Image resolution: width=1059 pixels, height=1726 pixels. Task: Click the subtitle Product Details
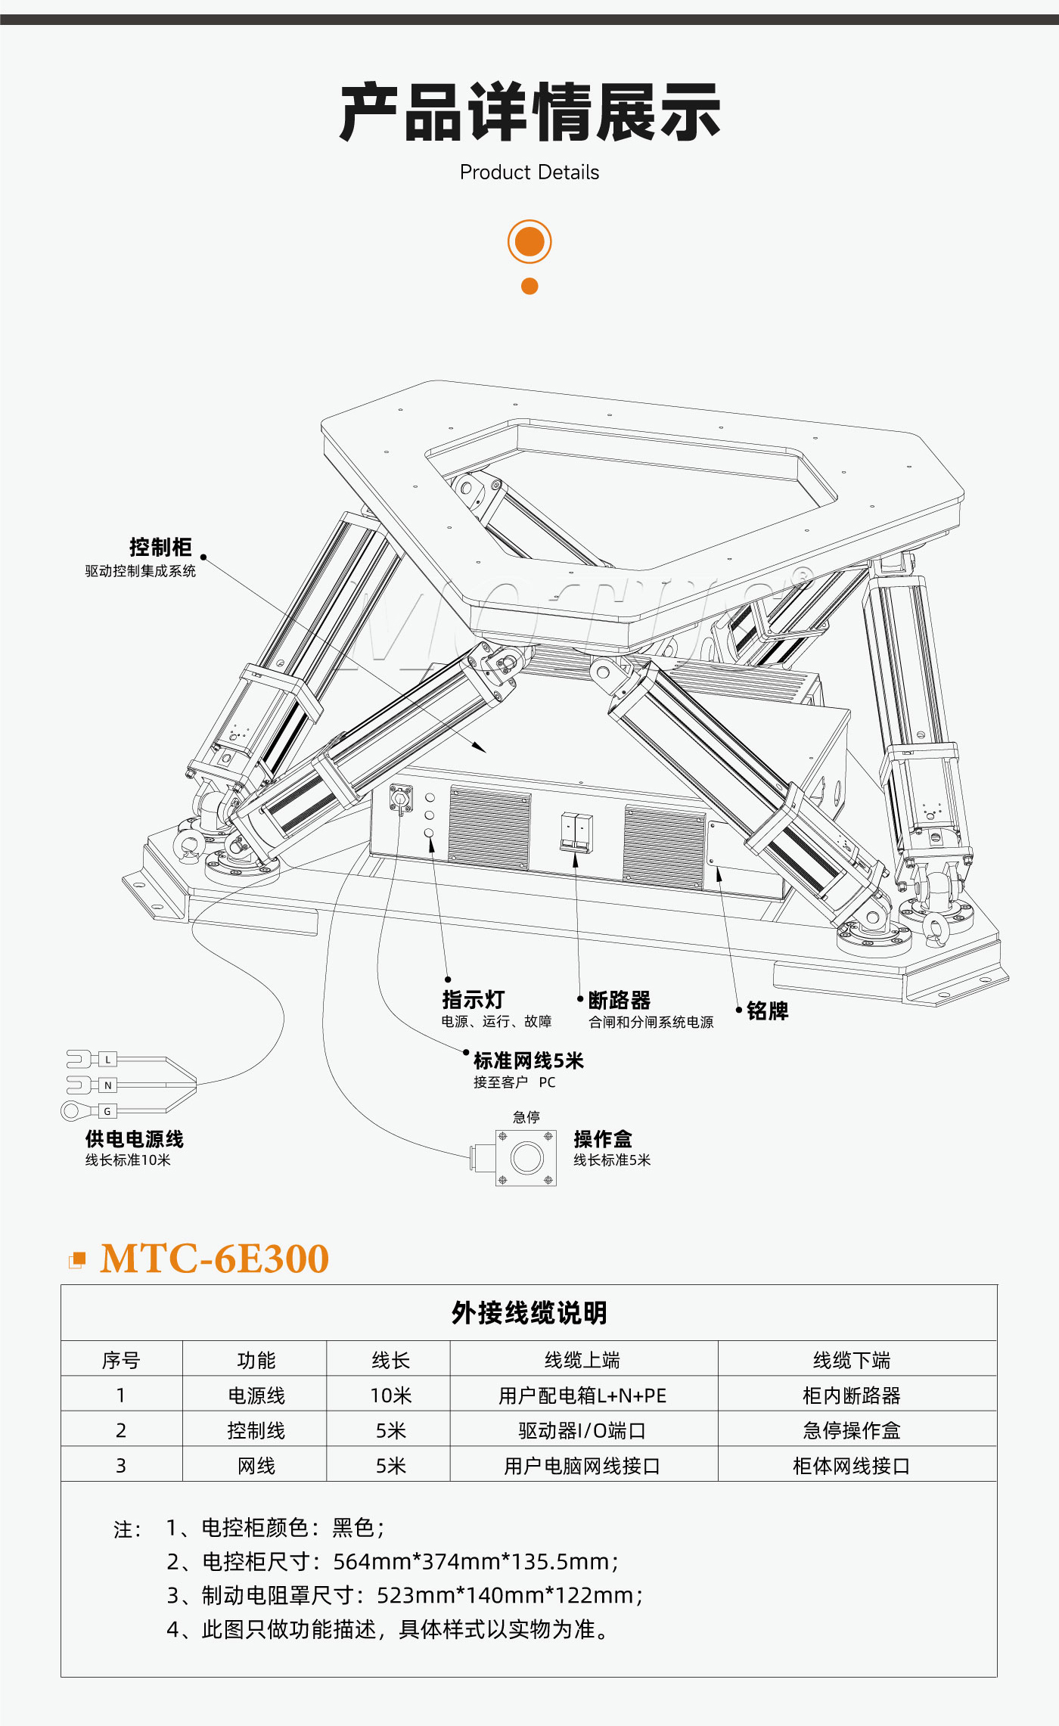pos(529,172)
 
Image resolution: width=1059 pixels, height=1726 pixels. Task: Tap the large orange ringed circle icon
pos(529,242)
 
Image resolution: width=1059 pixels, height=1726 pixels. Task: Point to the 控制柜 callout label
pos(160,547)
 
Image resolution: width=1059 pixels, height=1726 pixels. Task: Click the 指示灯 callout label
pos(474,1000)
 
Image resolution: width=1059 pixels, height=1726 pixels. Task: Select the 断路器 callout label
pos(620,1001)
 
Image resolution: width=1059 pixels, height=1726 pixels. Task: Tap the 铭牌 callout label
pos(768,1011)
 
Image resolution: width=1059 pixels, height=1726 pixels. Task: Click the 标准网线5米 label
pos(529,1061)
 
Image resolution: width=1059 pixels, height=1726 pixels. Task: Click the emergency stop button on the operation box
pos(526,1158)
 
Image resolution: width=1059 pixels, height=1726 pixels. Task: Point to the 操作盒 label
pos(603,1139)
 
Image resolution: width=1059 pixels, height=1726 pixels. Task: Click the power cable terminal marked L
pos(107,1060)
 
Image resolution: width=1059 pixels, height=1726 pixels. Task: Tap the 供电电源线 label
pos(135,1139)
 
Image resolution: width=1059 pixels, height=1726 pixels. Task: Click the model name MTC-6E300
pos(215,1259)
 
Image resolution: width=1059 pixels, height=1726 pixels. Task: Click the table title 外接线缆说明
pos(529,1313)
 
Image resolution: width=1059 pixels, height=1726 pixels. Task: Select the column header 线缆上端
pos(582,1360)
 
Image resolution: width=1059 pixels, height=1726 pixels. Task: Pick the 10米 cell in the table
pos(390,1395)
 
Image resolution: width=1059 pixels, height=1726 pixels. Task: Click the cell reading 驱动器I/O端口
pos(582,1430)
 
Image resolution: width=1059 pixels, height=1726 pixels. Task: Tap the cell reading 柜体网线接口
pos(852,1466)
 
